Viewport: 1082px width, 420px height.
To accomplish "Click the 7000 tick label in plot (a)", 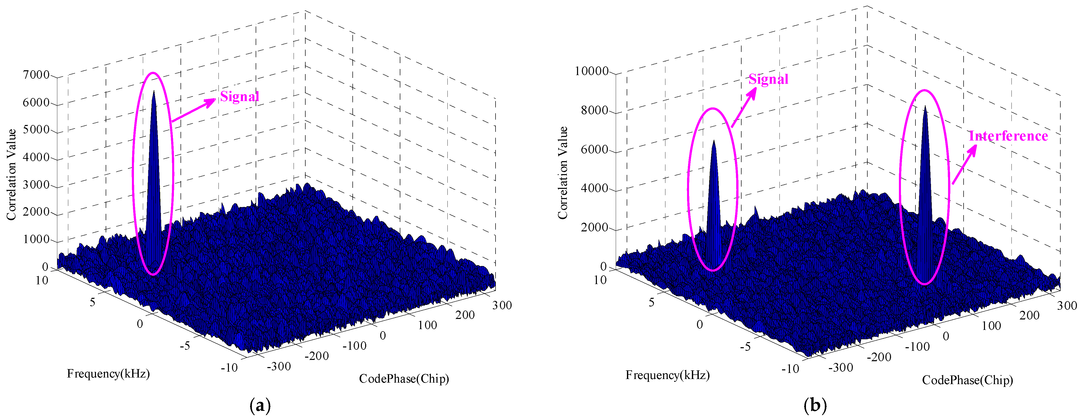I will point(36,75).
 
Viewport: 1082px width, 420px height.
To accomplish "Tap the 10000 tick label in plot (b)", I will point(591,71).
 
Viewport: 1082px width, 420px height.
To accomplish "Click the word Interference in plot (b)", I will point(1008,136).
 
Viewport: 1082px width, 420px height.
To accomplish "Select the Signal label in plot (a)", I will point(239,97).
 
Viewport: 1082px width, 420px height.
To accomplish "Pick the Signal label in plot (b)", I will point(768,79).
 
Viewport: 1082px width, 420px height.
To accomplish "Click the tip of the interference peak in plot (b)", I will point(924,106).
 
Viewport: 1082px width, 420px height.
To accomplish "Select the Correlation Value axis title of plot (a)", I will point(11,174).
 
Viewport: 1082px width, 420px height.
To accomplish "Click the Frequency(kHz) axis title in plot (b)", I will point(667,375).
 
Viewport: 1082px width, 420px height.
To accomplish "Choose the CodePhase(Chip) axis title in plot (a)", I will point(404,379).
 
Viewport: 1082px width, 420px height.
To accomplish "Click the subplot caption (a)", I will point(260,406).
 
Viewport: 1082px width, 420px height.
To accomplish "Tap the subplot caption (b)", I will point(815,406).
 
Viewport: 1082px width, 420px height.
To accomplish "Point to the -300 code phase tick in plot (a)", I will point(279,367).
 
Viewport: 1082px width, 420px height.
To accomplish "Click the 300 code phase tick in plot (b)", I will point(1067,305).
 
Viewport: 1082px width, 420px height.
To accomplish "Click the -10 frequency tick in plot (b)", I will point(790,369).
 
